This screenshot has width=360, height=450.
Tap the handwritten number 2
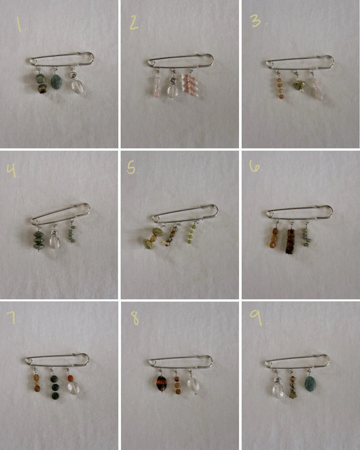[x=134, y=24]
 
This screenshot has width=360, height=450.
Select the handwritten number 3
[x=255, y=21]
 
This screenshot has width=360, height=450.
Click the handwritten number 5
[x=132, y=168]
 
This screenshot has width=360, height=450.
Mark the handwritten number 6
[x=255, y=166]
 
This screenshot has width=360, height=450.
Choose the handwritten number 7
[x=12, y=317]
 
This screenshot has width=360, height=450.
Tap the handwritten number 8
[x=134, y=318]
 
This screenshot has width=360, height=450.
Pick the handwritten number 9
[x=256, y=318]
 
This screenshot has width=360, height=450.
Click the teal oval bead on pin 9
[x=311, y=385]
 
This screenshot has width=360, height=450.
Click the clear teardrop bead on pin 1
[x=77, y=86]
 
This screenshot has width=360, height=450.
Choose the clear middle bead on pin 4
[x=55, y=241]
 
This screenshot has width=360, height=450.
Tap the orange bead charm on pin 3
[x=279, y=88]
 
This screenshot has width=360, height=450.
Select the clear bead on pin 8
[x=193, y=385]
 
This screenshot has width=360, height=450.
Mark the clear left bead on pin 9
[x=277, y=390]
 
